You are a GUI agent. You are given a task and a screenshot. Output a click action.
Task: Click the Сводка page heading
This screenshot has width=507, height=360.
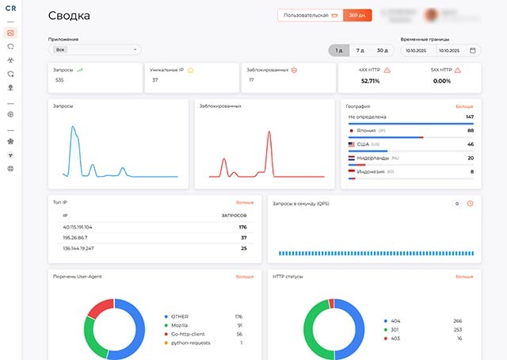point(69,15)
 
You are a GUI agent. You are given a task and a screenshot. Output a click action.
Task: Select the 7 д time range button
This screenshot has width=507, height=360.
point(360,50)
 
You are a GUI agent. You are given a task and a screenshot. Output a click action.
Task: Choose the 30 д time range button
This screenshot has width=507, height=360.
point(383,50)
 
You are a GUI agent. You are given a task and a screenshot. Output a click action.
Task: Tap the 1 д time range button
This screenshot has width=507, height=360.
point(339,50)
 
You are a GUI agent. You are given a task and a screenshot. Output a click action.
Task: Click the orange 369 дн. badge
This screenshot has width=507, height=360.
point(356,15)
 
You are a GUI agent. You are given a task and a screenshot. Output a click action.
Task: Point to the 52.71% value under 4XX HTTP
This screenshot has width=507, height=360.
point(370,81)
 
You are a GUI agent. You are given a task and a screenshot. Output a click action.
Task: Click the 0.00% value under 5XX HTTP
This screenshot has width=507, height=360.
point(441,81)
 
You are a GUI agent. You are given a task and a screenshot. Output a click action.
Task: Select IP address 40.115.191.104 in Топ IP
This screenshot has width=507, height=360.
point(78,227)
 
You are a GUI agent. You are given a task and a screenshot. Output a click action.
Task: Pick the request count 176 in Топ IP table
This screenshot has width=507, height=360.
point(242,227)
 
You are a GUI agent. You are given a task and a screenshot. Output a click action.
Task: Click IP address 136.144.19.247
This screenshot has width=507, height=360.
point(78,248)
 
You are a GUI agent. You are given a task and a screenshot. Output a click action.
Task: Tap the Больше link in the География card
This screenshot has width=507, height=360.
point(464,105)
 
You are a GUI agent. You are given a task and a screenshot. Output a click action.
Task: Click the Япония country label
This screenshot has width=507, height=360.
point(366,130)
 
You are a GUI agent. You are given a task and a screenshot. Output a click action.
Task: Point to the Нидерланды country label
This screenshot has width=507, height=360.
point(372,158)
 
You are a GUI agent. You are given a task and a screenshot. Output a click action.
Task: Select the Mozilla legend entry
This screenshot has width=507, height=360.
point(180,325)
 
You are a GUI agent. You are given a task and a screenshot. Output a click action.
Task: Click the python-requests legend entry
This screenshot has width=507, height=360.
point(189,343)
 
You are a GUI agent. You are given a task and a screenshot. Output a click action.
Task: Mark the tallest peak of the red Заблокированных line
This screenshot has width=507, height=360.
point(269,131)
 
